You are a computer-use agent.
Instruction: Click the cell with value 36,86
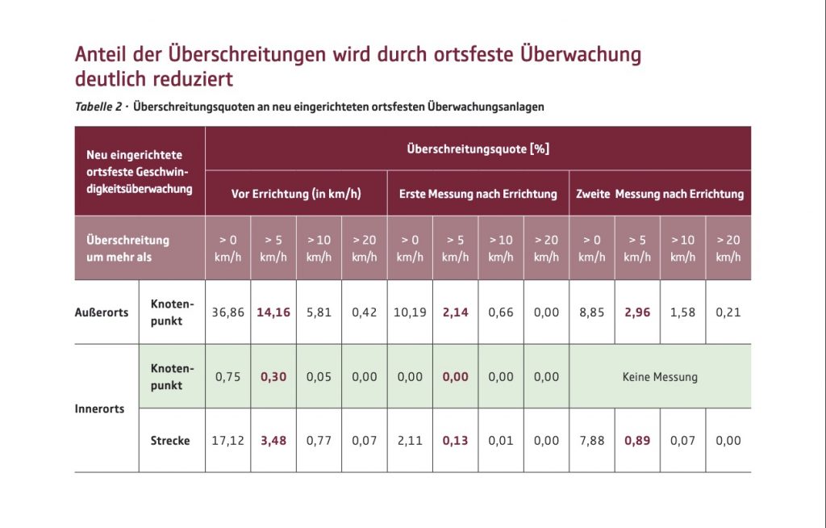[227, 312]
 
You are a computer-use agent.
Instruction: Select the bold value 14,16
[273, 312]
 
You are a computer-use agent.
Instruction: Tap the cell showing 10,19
[410, 312]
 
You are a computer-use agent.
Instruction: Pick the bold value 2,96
[637, 312]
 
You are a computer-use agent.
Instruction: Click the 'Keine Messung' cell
[660, 376]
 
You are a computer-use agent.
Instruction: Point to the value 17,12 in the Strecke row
[227, 441]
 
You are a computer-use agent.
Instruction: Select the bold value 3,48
[273, 441]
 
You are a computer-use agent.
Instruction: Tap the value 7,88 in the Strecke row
[591, 441]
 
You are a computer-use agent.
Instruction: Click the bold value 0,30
[273, 376]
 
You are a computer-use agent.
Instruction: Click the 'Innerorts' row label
[99, 409]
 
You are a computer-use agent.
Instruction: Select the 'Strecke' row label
[170, 441]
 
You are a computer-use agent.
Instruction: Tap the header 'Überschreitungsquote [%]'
[478, 149]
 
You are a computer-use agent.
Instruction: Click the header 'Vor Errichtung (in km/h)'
[296, 194]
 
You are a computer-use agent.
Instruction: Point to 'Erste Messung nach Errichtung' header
[478, 194]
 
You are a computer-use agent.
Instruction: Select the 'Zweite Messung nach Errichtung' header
[660, 194]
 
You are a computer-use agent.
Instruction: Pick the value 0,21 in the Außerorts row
[728, 312]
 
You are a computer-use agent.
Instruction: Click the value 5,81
[319, 312]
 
